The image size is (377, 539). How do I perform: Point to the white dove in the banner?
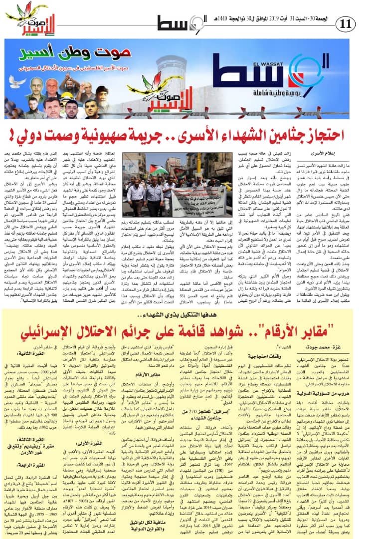click(x=18, y=81)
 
